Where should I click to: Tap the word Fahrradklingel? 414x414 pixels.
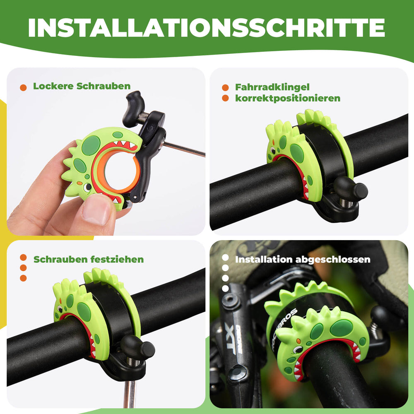pos(272,87)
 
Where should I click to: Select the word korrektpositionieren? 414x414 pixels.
pos(287,99)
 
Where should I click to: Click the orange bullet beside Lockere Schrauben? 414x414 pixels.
pos(24,87)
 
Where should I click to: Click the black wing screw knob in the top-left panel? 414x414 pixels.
pos(133,103)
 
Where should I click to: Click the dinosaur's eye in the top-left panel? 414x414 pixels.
pos(87,187)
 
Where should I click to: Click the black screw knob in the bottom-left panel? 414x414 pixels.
pos(138,347)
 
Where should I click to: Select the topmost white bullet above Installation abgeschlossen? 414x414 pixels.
pos(225,258)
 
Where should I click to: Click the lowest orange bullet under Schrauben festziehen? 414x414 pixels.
pos(23,278)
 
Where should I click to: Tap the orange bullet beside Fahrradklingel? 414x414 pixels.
pos(225,88)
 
